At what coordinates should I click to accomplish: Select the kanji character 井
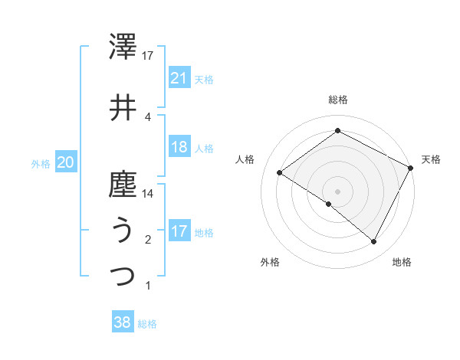pyautogui.click(x=123, y=108)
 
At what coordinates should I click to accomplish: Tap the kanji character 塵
pyautogui.click(x=123, y=185)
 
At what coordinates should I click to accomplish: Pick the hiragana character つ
pyautogui.click(x=123, y=275)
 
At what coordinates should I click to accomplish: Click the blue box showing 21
pyautogui.click(x=179, y=78)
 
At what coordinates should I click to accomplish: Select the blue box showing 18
pyautogui.click(x=179, y=147)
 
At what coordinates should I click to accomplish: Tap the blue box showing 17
pyautogui.click(x=179, y=232)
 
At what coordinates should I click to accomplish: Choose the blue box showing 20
pyautogui.click(x=65, y=162)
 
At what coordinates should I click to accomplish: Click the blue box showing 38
pyautogui.click(x=123, y=322)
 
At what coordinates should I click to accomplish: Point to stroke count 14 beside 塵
pyautogui.click(x=149, y=194)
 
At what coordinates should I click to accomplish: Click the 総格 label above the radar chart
pyautogui.click(x=337, y=100)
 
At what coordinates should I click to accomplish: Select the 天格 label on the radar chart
pyautogui.click(x=431, y=159)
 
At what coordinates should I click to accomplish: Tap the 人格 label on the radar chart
pyautogui.click(x=245, y=159)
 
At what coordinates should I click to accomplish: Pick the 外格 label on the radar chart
pyautogui.click(x=270, y=263)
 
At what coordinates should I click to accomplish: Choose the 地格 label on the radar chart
pyautogui.click(x=402, y=263)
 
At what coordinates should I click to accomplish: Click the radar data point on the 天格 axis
pyautogui.click(x=411, y=168)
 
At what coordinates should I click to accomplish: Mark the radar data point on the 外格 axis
pyautogui.click(x=329, y=204)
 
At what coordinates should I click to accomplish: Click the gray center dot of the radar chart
pyautogui.click(x=337, y=191)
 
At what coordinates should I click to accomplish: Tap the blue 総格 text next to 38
pyautogui.click(x=147, y=324)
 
